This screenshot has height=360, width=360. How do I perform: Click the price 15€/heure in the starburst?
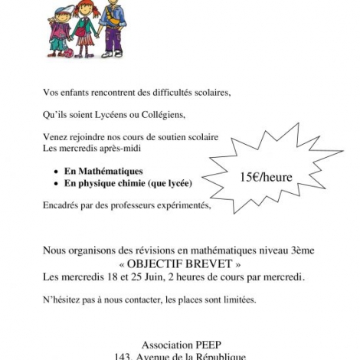266,177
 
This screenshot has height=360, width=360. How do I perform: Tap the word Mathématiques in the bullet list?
117,172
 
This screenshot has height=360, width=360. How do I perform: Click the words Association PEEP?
181,344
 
